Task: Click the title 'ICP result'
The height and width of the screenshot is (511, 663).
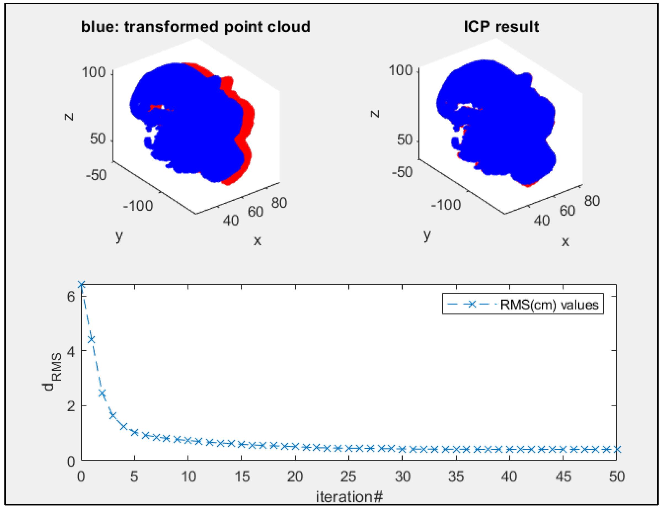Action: tap(501, 27)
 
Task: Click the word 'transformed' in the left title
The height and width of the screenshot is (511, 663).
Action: tap(172, 27)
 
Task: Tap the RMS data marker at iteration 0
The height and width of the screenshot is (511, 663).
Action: tap(81, 285)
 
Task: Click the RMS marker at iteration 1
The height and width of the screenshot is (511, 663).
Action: tap(91, 339)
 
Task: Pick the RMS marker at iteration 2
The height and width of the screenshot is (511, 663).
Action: tap(102, 394)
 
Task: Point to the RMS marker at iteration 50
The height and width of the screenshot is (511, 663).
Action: tap(617, 449)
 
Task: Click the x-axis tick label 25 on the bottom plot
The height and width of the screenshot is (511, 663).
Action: tap(348, 477)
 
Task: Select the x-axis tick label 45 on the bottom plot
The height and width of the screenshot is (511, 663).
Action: tap(563, 477)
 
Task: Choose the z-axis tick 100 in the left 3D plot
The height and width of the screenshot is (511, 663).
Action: tap(93, 73)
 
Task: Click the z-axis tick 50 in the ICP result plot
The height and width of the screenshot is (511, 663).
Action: tap(404, 140)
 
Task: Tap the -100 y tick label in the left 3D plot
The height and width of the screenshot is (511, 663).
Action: tap(138, 206)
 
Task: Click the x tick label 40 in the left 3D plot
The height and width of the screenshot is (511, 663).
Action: tap(231, 221)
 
